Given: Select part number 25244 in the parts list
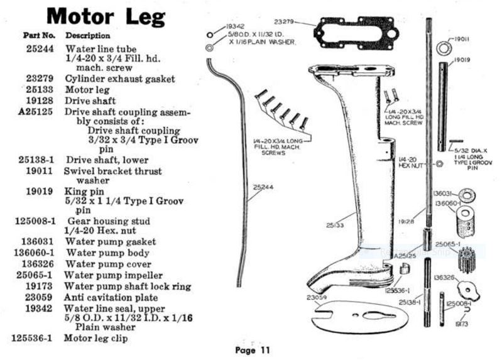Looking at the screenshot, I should (x=42, y=48).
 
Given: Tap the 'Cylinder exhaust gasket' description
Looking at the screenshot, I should (x=120, y=79).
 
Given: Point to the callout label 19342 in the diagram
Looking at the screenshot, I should (x=234, y=27).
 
